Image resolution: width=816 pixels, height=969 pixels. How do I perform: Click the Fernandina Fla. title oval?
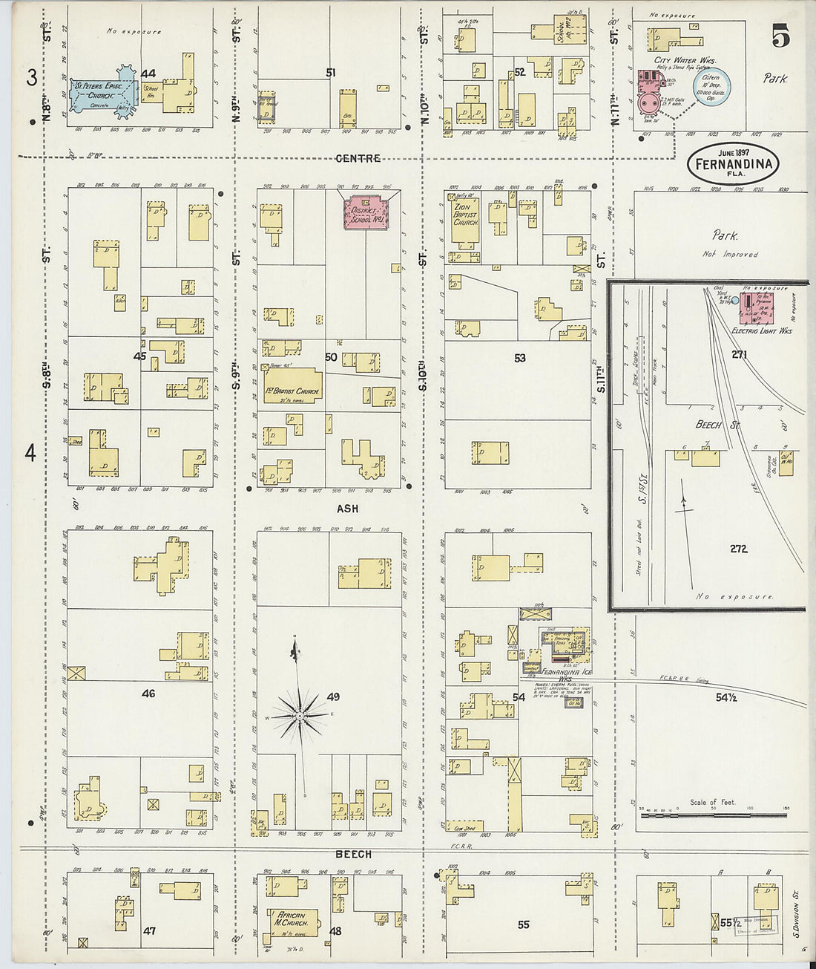[x=732, y=164]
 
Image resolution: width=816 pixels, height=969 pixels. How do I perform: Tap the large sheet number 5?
[x=780, y=36]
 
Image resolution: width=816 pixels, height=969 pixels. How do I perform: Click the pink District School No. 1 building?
[x=366, y=212]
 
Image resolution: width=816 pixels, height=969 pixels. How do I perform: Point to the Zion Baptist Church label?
[x=466, y=215]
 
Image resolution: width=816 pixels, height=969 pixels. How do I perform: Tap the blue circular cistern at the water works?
[x=711, y=87]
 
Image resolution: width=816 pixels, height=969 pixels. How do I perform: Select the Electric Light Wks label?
[x=761, y=330]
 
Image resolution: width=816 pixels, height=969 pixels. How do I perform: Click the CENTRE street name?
[x=358, y=158]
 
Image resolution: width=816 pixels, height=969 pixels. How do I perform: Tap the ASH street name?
[x=347, y=509]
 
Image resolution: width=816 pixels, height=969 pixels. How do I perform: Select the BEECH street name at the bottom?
[x=353, y=854]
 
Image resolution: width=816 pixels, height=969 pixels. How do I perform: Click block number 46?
[x=148, y=693]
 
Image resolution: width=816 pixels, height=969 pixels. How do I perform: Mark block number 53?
[x=519, y=358]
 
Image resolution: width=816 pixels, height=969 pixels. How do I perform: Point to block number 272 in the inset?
[x=737, y=549]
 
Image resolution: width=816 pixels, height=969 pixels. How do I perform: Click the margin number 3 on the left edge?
[x=32, y=78]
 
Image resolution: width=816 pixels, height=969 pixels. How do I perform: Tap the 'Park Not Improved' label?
[x=727, y=244]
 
